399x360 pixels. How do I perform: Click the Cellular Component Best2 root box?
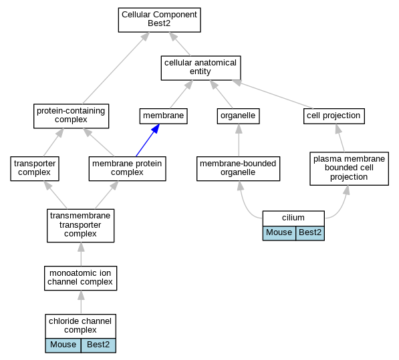pos(159,20)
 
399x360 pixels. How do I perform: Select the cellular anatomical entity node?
pos(201,68)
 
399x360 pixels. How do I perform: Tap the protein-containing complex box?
pos(71,116)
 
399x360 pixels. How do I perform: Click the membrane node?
pos(163,116)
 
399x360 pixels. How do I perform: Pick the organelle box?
pos(238,116)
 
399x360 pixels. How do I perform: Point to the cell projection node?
pos(334,116)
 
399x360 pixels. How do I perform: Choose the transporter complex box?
pos(35,168)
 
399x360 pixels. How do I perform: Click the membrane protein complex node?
pos(127,168)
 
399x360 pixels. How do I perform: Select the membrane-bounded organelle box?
pos(238,168)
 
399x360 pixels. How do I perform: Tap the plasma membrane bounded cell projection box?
pos(349,168)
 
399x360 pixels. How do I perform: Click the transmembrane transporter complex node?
pos(80,226)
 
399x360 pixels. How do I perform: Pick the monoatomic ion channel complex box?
pos(80,278)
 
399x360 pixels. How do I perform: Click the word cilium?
pos(293,218)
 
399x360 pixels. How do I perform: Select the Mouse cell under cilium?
pos(279,233)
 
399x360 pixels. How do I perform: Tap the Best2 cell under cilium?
pos(310,233)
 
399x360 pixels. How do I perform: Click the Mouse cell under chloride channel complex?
pos(63,345)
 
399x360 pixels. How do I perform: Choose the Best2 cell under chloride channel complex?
pos(98,345)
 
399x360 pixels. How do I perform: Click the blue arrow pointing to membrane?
pos(148,140)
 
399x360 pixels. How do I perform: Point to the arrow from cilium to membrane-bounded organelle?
pos(245,204)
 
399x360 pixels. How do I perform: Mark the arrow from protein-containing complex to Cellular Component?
pos(116,68)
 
